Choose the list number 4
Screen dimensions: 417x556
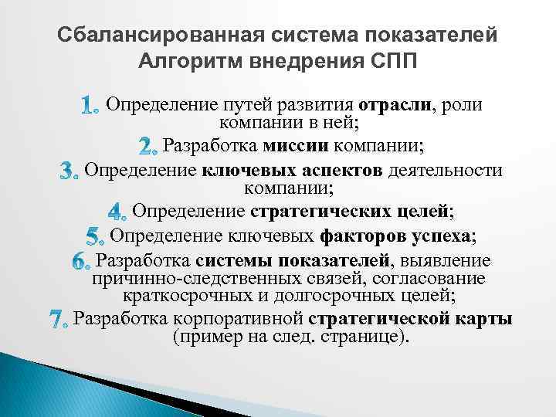click(x=118, y=210)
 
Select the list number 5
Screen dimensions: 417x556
click(x=95, y=235)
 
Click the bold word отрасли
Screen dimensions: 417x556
click(x=394, y=104)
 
